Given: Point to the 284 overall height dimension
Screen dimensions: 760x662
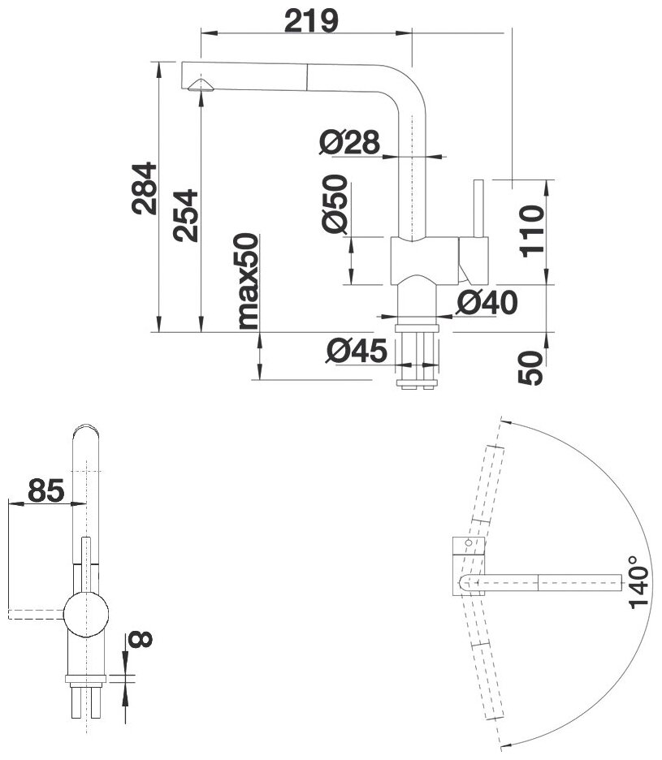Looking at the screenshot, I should point(144,188).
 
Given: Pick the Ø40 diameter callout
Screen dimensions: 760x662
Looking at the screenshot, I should point(487,303).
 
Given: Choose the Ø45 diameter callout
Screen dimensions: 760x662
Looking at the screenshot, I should point(355,351).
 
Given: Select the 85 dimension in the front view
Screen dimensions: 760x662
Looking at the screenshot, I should point(46,490).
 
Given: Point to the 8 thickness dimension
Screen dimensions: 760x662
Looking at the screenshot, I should point(140,641).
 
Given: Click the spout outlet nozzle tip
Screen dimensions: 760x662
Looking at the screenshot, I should point(199,86).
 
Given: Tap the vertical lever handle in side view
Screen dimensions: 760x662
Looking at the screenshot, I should point(478,208).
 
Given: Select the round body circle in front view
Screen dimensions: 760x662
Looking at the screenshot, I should point(86,612).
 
